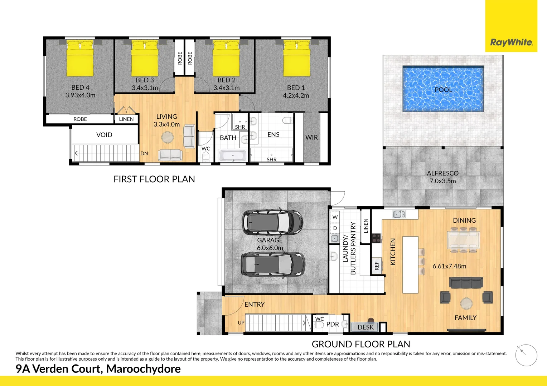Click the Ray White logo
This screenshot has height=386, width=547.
tap(511, 42)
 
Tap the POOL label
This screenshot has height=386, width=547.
tap(443, 90)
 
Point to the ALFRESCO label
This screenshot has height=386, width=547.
tap(442, 173)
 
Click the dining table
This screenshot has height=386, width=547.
tap(464, 239)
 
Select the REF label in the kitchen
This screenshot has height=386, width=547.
tap(377, 266)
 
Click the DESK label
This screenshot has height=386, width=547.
tap(366, 327)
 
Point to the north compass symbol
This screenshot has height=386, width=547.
tap(526, 355)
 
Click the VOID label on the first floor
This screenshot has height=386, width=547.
tap(104, 135)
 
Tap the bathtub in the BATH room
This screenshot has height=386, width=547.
tap(233, 156)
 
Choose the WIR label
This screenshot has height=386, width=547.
tap(311, 137)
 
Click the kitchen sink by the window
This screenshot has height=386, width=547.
tap(399, 214)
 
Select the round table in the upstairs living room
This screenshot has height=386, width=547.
tap(167, 137)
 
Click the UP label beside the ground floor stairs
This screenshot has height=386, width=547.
tap(241, 323)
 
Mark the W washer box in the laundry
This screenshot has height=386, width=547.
tap(335, 217)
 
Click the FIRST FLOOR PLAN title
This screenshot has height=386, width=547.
tap(154, 179)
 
